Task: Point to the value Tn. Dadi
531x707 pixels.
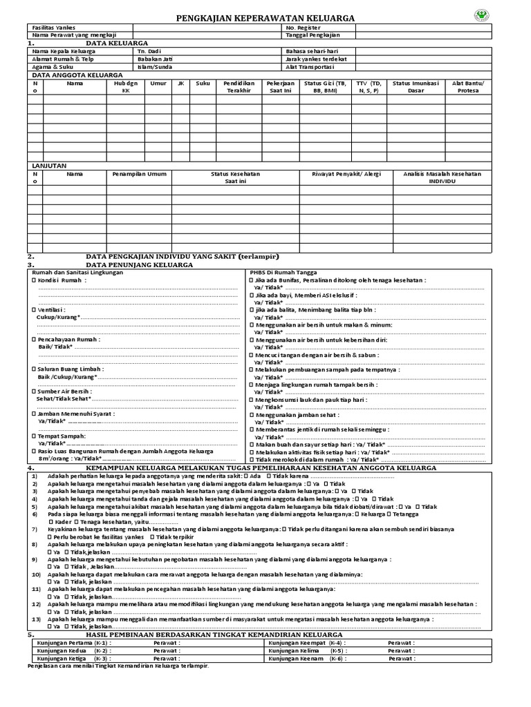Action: point(149,51)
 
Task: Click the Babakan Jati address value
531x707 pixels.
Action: point(153,59)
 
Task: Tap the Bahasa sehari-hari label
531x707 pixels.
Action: point(311,51)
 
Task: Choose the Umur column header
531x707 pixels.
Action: point(158,82)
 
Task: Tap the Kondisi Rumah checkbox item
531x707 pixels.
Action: point(61,281)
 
